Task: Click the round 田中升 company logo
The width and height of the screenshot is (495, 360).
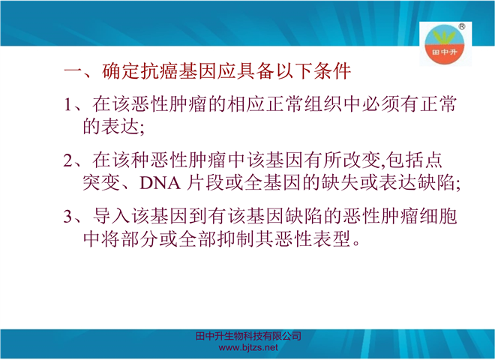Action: click(x=444, y=45)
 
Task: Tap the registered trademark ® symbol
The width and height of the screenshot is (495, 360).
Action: click(x=461, y=26)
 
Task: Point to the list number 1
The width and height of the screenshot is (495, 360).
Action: click(x=67, y=104)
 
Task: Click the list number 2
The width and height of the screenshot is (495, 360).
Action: click(x=67, y=160)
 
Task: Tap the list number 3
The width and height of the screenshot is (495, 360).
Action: click(x=67, y=216)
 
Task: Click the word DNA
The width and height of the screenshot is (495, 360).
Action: click(x=160, y=183)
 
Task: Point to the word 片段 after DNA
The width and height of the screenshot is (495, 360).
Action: click(x=205, y=183)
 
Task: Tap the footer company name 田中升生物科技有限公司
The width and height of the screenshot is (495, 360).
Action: click(x=248, y=336)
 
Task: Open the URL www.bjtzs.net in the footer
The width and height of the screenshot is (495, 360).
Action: click(x=248, y=348)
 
